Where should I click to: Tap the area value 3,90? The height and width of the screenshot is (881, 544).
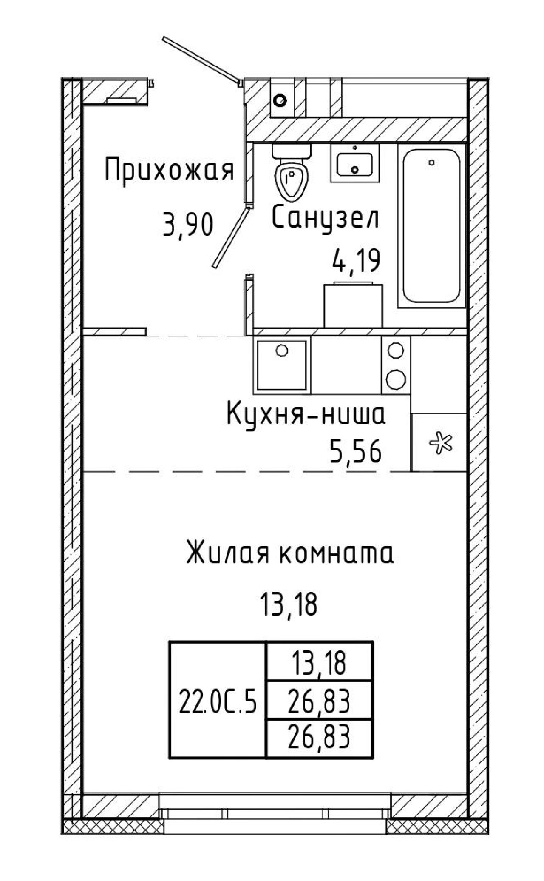click(187, 225)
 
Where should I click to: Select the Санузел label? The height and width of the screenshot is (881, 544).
click(325, 217)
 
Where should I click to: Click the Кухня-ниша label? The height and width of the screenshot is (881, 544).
click(306, 414)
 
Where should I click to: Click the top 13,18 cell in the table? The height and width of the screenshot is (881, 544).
click(319, 663)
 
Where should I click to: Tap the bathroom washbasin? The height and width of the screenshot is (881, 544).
click(355, 163)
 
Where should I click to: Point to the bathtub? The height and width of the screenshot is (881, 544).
click(432, 226)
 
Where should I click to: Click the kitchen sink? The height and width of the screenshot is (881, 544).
click(281, 365)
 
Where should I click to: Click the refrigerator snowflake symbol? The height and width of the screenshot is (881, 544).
click(441, 443)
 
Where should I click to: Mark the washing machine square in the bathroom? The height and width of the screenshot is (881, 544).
click(353, 305)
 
